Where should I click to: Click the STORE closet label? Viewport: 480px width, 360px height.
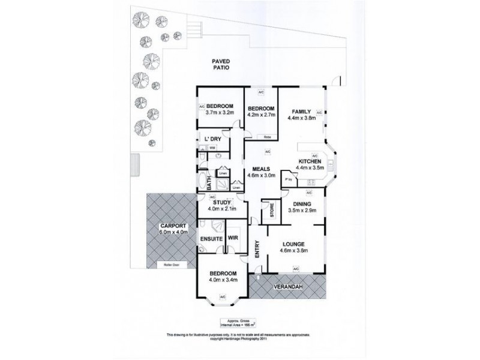(x=271, y=211)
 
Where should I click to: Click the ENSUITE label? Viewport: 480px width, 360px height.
(x=211, y=238)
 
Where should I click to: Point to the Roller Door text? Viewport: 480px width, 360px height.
(x=163, y=264)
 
